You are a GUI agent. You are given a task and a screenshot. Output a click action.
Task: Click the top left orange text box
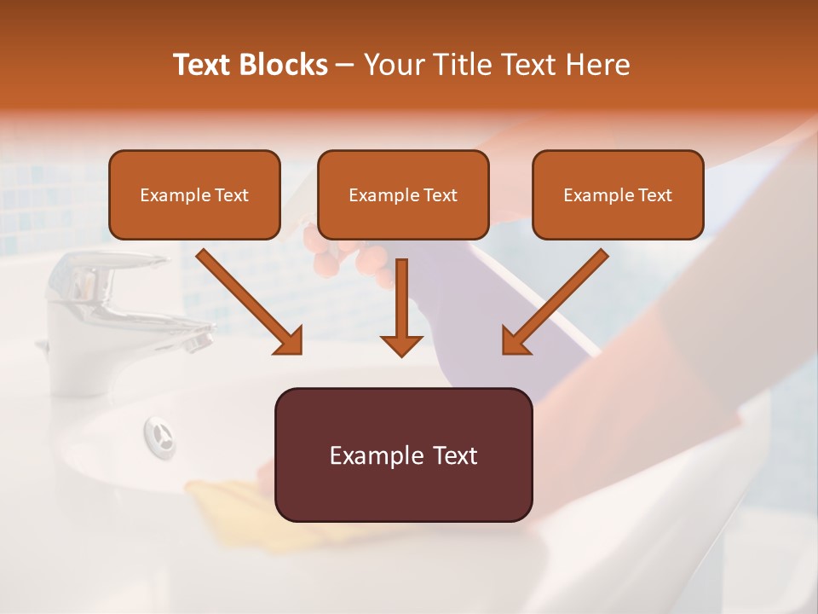(x=194, y=195)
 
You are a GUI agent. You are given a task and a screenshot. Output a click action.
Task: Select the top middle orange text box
(x=403, y=195)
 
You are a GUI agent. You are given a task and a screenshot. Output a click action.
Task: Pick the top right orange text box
(x=618, y=195)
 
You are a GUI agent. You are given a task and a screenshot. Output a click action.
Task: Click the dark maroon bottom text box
(x=403, y=455)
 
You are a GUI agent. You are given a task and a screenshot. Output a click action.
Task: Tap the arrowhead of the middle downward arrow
(x=402, y=345)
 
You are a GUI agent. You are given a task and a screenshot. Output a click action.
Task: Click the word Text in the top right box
(x=654, y=195)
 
